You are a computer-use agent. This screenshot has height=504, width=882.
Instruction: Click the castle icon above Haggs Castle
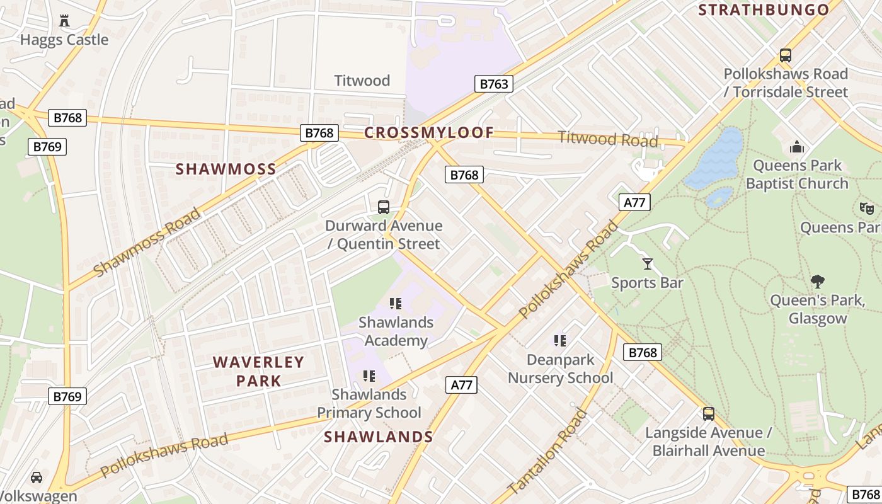tap(64, 21)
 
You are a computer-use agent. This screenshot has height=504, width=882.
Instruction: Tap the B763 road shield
tap(493, 84)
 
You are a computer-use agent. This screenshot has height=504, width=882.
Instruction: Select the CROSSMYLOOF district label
tap(428, 133)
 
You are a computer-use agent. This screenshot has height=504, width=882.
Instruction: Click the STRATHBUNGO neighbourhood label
tap(764, 10)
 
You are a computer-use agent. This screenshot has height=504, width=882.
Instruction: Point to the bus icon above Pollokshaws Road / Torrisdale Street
tap(785, 55)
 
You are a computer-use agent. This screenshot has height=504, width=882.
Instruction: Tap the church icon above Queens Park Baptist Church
tap(796, 147)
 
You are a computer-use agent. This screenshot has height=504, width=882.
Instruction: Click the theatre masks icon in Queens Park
tap(867, 208)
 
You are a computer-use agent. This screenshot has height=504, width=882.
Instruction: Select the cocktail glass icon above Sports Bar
tap(647, 263)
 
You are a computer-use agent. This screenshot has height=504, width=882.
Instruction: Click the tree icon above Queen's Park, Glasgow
tap(818, 281)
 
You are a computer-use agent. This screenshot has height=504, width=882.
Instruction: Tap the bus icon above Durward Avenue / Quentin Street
tap(383, 207)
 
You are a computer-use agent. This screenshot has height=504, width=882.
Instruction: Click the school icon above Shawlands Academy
tap(396, 304)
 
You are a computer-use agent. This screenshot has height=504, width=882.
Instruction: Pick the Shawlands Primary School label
tap(369, 403)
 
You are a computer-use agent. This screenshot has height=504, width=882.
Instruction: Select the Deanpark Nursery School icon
tap(559, 341)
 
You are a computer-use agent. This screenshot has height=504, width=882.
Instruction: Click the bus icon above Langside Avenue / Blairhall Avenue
tap(709, 414)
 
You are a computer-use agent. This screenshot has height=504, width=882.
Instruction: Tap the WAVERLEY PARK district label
tap(258, 371)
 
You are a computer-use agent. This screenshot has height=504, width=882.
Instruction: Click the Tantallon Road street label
tap(547, 452)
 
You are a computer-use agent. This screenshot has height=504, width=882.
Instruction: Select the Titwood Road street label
tap(608, 139)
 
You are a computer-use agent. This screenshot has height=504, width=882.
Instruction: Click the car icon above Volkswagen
tap(37, 477)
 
